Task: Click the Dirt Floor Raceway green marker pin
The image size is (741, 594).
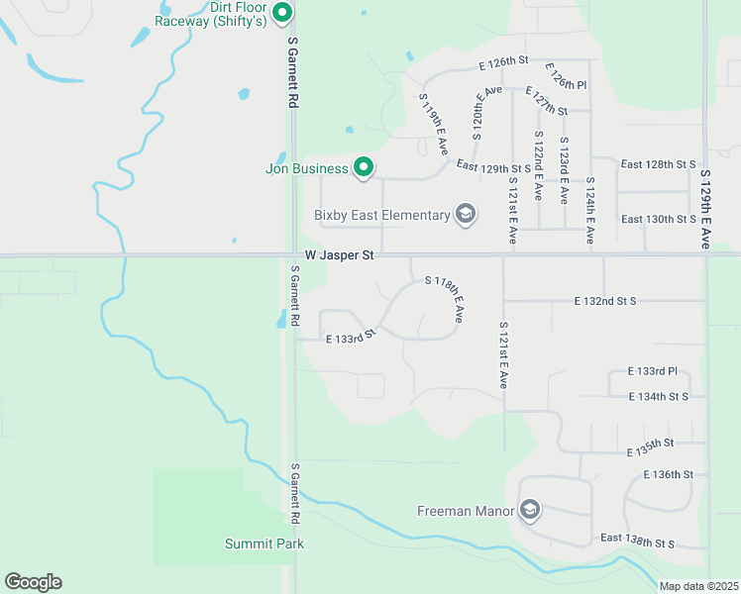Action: pos(282,13)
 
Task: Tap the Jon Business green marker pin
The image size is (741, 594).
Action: pos(364,167)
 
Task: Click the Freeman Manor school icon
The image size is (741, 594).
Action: pos(529,511)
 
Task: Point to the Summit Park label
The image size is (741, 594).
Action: pos(265,544)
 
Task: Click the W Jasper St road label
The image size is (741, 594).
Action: pos(339,255)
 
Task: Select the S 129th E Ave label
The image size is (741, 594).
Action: pos(706,205)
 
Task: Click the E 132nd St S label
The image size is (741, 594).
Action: pos(604,300)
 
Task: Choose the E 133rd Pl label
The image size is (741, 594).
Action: pos(652,371)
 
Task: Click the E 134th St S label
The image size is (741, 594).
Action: pos(658,396)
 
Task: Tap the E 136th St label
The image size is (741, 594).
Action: pos(668,474)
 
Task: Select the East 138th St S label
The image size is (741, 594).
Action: pos(637,542)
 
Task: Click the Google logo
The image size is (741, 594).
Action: pos(33,582)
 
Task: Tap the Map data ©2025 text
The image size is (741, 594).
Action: pos(698,586)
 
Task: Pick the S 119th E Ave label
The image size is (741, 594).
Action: pos(434,124)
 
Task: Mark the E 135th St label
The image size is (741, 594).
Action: pos(650,447)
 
